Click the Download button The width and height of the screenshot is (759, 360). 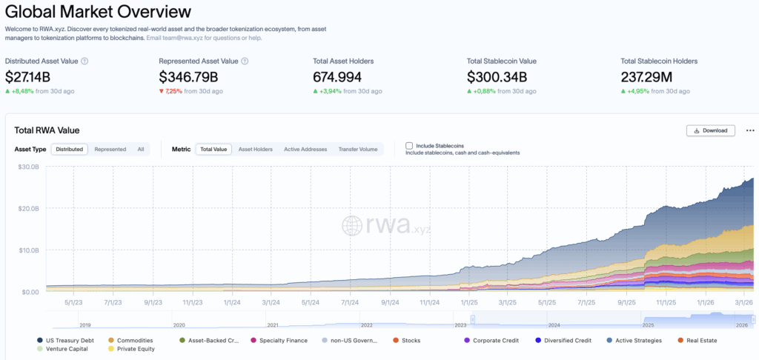(711, 130)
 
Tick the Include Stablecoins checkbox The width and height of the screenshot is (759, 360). (409, 146)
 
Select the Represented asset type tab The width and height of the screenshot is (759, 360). (110, 149)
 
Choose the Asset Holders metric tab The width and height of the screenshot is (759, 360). (255, 149)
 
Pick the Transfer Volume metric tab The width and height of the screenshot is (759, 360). (358, 149)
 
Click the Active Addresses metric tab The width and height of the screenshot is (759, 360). (305, 149)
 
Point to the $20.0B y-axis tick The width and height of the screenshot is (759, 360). (28, 209)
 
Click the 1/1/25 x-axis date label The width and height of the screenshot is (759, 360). (468, 302)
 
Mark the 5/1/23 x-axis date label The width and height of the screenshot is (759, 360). (73, 302)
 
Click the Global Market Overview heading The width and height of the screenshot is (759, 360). (98, 12)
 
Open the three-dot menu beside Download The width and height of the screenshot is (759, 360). (749, 130)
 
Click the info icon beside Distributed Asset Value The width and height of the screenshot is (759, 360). (84, 61)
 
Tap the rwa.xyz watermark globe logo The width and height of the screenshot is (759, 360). (354, 225)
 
